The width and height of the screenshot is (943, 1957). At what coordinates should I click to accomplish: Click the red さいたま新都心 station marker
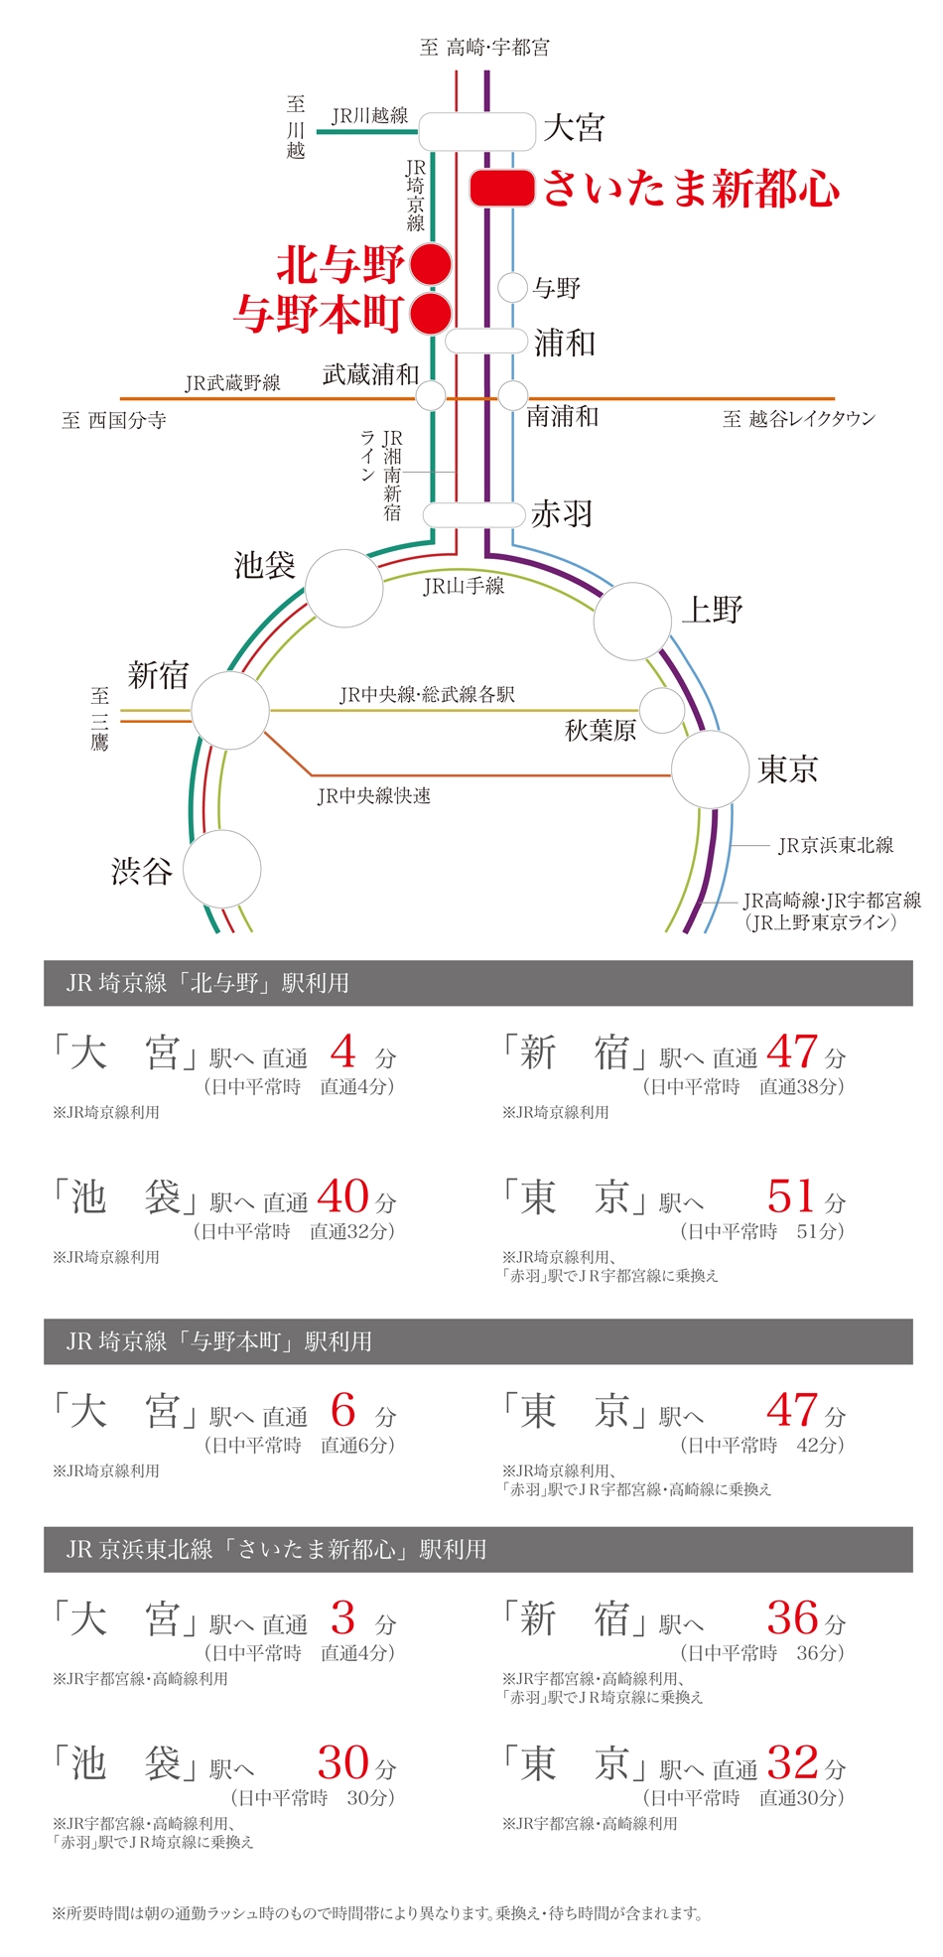pyautogui.click(x=502, y=188)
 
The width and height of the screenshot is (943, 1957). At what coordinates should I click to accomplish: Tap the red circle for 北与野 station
pyautogui.click(x=431, y=264)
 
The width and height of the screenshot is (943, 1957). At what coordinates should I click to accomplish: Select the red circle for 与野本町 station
pyautogui.click(x=431, y=313)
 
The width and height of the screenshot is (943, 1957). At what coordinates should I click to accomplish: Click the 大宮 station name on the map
pyautogui.click(x=574, y=128)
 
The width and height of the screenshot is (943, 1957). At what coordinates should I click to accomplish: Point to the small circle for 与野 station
pyautogui.click(x=511, y=288)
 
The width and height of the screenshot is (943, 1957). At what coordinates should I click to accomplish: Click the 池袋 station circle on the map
pyautogui.click(x=343, y=588)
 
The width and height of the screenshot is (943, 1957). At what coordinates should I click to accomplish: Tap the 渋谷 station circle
pyautogui.click(x=221, y=869)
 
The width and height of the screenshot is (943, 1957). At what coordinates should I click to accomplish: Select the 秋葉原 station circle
pyautogui.click(x=661, y=710)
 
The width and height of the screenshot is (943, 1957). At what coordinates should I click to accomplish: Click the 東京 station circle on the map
pyautogui.click(x=710, y=769)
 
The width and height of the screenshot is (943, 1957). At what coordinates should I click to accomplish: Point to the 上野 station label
pyautogui.click(x=712, y=610)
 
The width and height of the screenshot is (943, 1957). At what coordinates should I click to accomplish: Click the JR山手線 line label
pyautogui.click(x=464, y=586)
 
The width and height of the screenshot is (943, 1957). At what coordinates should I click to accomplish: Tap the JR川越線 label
pyautogui.click(x=369, y=115)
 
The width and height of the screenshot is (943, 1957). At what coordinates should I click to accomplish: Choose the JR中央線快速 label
pyautogui.click(x=374, y=795)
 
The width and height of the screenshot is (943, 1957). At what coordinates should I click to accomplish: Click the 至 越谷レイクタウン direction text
pyautogui.click(x=799, y=419)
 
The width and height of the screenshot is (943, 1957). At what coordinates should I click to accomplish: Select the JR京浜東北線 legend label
pyautogui.click(x=836, y=845)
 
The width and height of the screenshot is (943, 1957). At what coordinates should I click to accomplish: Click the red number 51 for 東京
pyautogui.click(x=791, y=1195)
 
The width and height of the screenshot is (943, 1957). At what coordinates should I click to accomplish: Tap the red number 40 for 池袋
pyautogui.click(x=343, y=1195)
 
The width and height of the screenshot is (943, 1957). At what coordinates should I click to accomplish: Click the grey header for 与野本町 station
pyautogui.click(x=477, y=1341)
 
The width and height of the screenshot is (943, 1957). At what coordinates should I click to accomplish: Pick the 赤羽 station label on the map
pyautogui.click(x=562, y=513)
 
